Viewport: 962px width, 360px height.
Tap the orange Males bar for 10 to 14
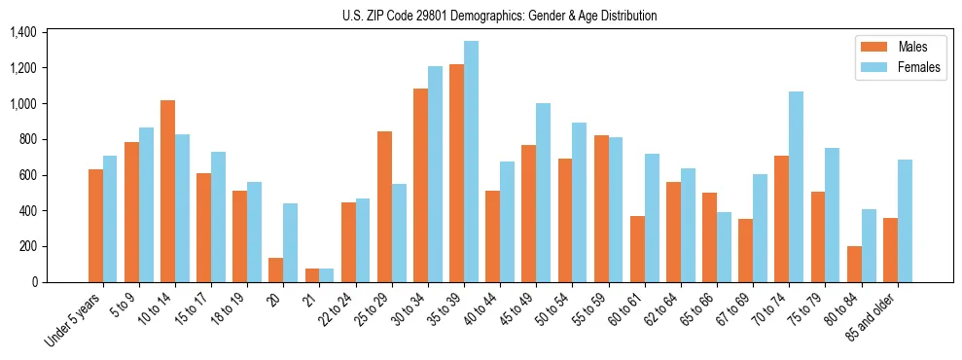(x=167, y=191)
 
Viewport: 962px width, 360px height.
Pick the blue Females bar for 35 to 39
(x=471, y=162)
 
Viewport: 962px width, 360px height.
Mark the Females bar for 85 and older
(x=904, y=221)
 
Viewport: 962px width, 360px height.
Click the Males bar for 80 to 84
(x=854, y=264)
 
